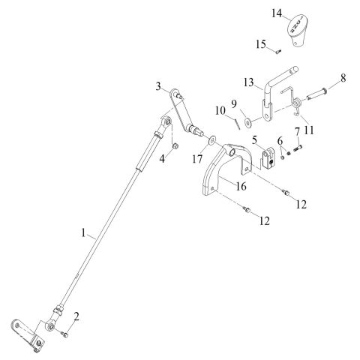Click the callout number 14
(277, 13)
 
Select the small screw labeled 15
(278, 52)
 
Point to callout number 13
(249, 82)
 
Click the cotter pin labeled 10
(238, 124)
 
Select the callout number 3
(158, 86)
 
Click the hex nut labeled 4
(175, 145)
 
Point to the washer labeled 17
(212, 140)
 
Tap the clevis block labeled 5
(268, 158)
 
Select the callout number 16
(241, 186)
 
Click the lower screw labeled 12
(247, 209)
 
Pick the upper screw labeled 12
(286, 193)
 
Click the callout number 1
(83, 233)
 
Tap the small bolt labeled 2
(64, 334)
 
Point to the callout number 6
(280, 141)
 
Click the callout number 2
(76, 316)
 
